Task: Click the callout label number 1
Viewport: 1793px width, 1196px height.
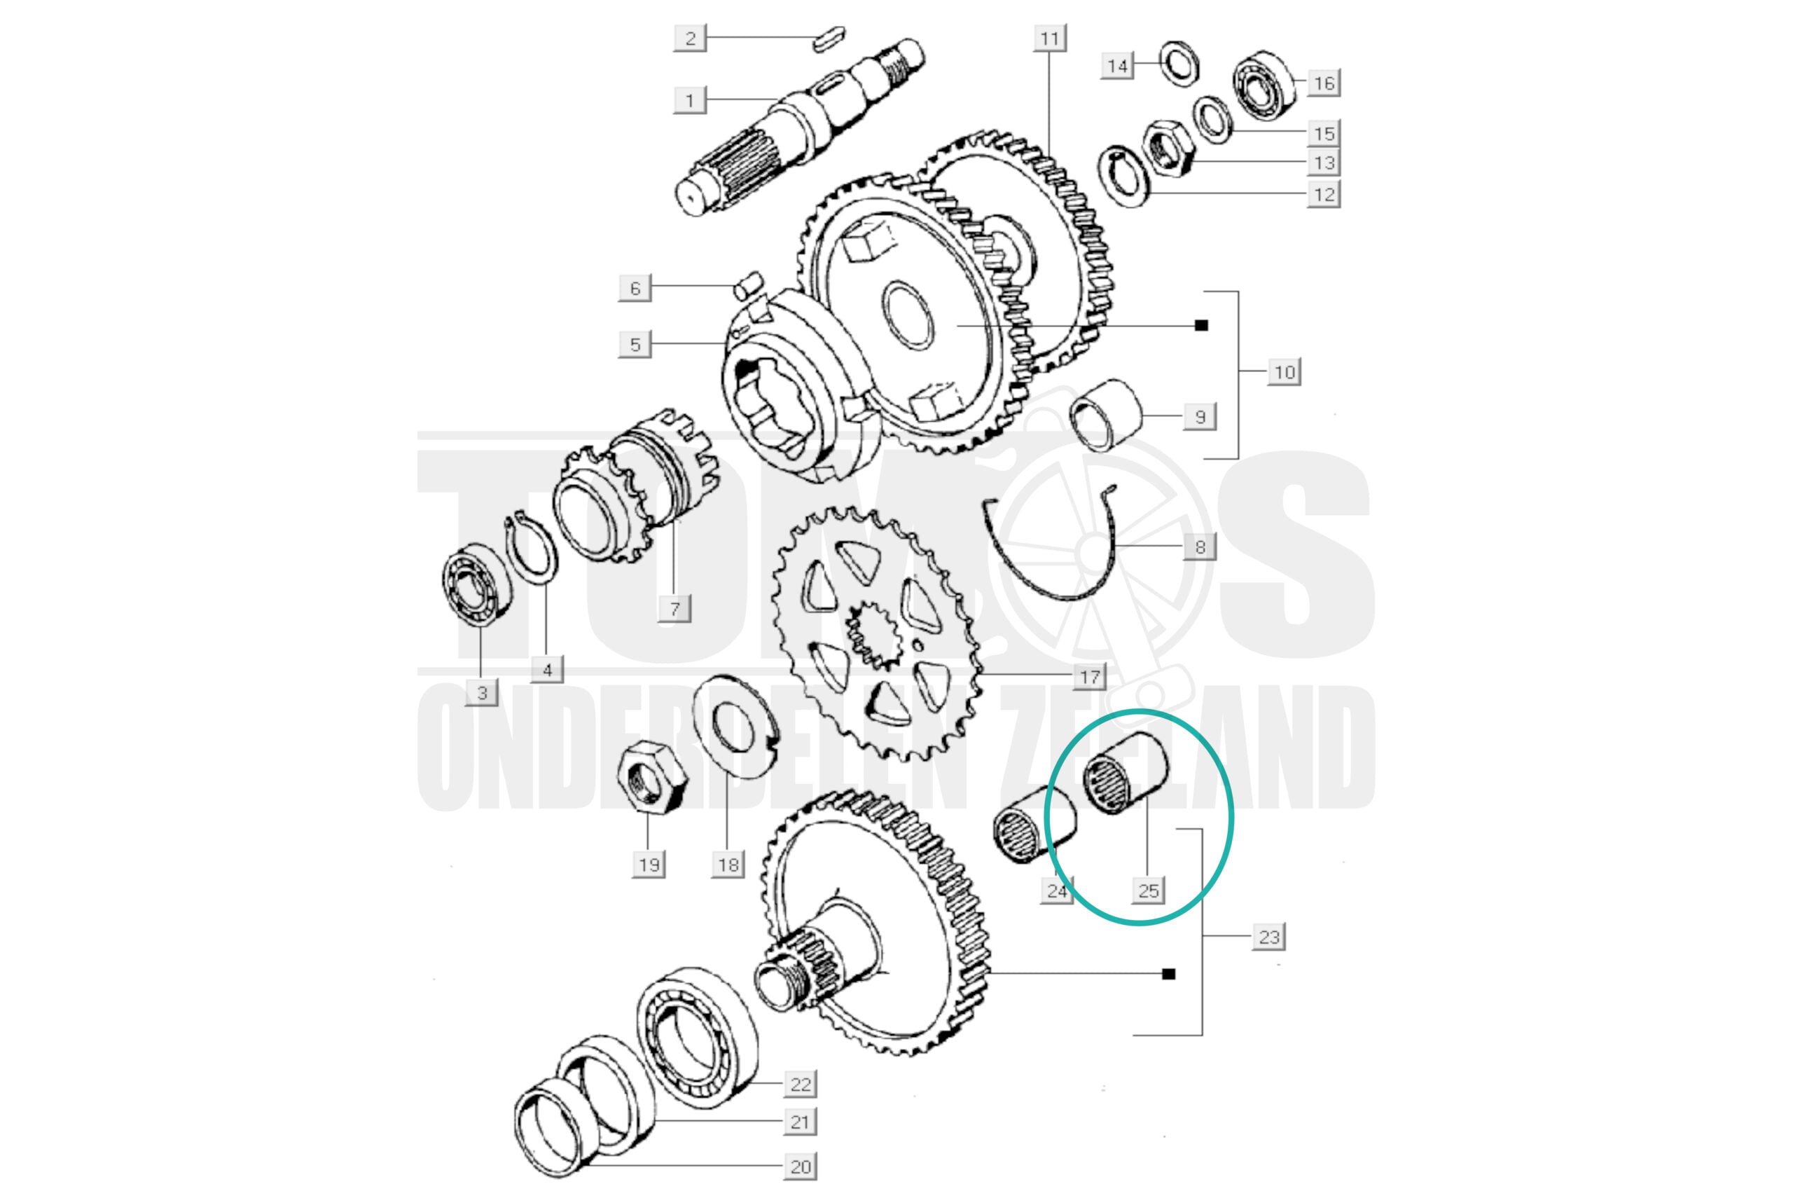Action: coord(690,100)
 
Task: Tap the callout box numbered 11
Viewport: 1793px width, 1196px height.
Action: coord(1050,38)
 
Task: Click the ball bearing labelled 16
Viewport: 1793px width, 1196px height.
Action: coord(1266,85)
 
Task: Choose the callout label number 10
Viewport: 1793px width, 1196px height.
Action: coord(1285,372)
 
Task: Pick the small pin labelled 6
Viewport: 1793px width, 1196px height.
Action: coord(748,284)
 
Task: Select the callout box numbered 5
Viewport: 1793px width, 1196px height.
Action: coord(635,344)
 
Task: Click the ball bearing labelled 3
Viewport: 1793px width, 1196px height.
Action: coord(478,584)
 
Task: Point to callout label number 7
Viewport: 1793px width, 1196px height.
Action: coord(674,609)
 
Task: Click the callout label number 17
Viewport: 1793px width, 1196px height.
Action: coord(1089,676)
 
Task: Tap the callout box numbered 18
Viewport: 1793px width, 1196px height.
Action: coord(728,864)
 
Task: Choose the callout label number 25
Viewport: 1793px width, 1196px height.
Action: coord(1149,890)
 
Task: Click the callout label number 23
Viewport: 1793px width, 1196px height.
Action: coord(1269,937)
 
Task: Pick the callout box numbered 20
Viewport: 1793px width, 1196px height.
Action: coord(801,1167)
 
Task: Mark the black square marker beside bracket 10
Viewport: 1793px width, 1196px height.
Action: coord(1201,326)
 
